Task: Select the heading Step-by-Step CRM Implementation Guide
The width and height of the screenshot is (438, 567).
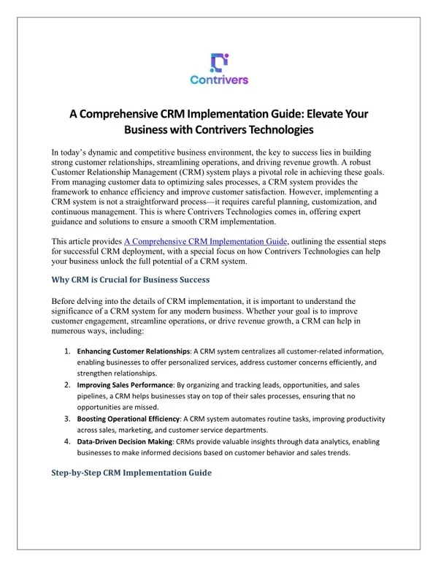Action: (132, 473)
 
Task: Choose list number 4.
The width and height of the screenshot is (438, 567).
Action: (66, 441)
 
